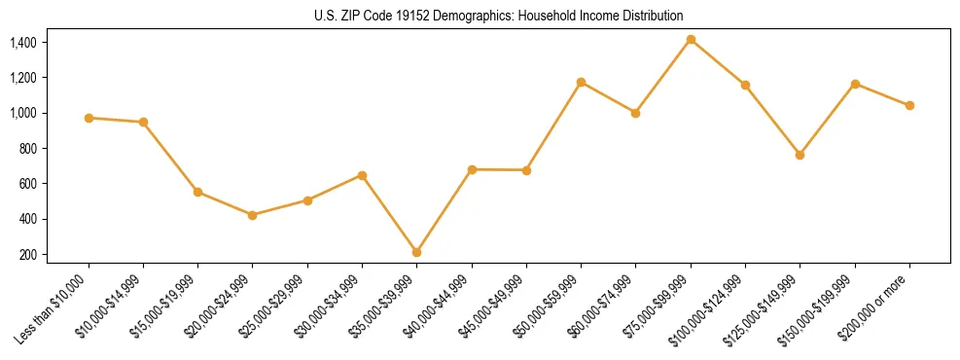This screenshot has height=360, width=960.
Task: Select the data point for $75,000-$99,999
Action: tap(691, 40)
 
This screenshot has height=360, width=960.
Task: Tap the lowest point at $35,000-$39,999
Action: tap(416, 252)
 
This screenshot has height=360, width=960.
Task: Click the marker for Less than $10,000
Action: tap(89, 118)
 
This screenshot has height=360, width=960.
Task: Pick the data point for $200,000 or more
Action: tap(909, 105)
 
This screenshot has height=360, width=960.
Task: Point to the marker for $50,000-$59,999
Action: tap(581, 82)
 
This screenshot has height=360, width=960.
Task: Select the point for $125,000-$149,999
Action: tap(800, 155)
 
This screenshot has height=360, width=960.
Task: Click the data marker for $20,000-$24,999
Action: tap(253, 215)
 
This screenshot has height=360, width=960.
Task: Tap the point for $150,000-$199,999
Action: tap(855, 84)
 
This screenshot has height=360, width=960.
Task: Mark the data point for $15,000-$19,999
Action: tap(197, 192)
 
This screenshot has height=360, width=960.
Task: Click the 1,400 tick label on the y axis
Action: tap(22, 43)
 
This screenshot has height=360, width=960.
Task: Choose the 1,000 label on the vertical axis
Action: tap(22, 113)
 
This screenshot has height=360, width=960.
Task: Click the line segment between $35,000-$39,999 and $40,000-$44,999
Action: tap(444, 211)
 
